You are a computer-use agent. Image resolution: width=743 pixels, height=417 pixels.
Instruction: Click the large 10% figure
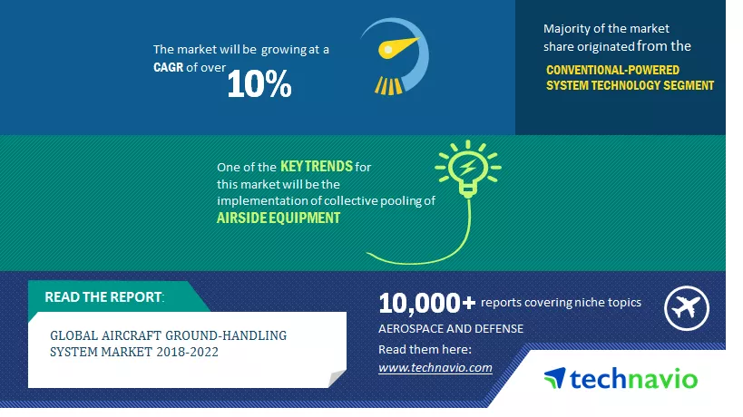click(259, 84)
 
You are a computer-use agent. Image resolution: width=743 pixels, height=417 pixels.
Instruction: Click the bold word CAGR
click(168, 67)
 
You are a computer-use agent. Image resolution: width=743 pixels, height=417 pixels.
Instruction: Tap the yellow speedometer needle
click(397, 47)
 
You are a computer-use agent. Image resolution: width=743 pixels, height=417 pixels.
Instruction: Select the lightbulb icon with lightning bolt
click(468, 168)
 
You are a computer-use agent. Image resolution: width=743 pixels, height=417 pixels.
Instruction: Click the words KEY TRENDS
click(317, 166)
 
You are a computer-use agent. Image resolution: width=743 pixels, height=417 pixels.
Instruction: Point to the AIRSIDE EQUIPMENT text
click(279, 218)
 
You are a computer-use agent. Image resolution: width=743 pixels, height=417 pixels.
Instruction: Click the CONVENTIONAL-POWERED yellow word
click(612, 70)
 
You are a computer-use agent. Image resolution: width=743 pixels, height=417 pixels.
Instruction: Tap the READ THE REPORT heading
click(104, 296)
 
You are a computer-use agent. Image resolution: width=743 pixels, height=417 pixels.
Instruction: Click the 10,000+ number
click(426, 303)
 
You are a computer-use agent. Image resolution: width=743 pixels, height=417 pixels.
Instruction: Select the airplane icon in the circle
click(687, 308)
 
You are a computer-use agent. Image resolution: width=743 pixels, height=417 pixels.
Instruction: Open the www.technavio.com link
click(435, 367)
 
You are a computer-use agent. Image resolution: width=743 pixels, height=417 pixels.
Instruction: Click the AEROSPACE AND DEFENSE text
click(451, 328)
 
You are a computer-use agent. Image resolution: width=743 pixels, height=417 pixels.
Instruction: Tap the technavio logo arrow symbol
click(555, 378)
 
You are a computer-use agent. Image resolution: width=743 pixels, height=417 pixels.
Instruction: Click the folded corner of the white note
click(337, 378)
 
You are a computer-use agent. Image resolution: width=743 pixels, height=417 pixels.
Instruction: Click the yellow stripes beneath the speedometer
click(388, 86)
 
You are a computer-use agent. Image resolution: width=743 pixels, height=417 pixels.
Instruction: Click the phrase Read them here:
click(425, 349)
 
